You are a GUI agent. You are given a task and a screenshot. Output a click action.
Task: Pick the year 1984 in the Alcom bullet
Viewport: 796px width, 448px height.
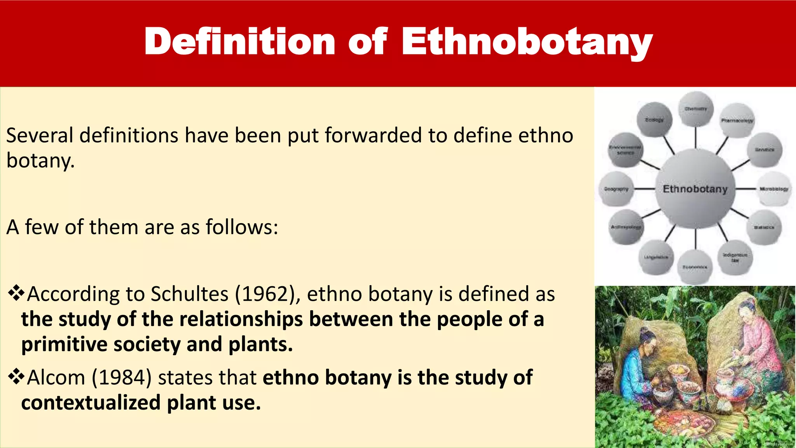(x=121, y=378)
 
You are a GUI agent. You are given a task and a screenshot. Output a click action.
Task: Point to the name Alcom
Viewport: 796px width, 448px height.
(x=56, y=378)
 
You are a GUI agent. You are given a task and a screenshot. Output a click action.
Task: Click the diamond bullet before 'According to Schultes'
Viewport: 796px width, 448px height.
(x=16, y=293)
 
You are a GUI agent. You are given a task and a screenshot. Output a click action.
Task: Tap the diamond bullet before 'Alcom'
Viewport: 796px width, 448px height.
(x=16, y=377)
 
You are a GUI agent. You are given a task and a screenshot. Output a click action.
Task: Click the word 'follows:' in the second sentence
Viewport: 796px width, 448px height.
(x=242, y=227)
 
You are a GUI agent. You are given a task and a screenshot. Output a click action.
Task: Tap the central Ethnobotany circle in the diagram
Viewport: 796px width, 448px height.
(x=695, y=189)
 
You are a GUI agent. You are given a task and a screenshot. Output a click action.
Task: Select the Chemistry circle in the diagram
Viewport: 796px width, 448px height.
(x=695, y=109)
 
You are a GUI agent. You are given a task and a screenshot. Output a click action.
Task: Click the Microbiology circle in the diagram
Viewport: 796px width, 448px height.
(x=773, y=189)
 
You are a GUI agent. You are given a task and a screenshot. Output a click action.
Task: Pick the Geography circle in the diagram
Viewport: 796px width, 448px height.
(x=616, y=189)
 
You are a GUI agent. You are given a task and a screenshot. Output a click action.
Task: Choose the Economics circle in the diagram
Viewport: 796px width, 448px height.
(x=695, y=267)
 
